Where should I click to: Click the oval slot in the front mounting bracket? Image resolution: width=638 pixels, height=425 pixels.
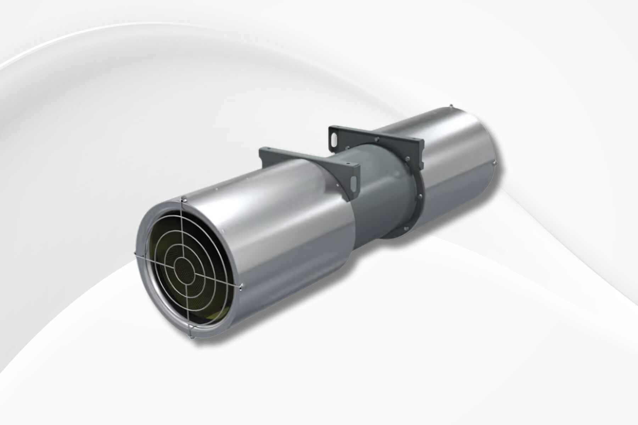353,182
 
